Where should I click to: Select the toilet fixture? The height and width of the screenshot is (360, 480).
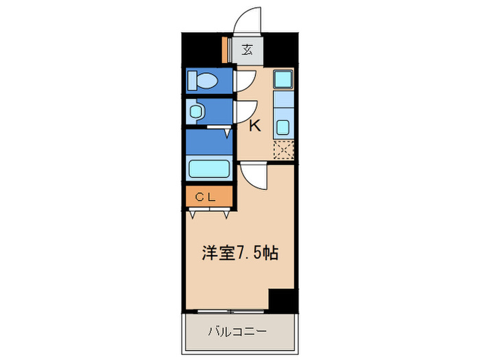[204, 81]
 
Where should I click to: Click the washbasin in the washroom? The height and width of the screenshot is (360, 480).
[197, 111]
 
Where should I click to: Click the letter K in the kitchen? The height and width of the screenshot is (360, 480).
[254, 126]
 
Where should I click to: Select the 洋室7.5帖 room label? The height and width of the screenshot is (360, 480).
[239, 253]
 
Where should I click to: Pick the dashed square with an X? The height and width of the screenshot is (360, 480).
[283, 149]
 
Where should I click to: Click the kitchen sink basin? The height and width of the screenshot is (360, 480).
[283, 127]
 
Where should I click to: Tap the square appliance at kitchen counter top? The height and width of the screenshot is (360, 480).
[283, 80]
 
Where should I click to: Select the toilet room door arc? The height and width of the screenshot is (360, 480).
[245, 81]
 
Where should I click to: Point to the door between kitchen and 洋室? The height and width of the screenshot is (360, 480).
[252, 177]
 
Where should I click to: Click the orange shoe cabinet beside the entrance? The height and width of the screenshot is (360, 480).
[225, 49]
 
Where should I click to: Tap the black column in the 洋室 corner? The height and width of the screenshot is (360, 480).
[281, 299]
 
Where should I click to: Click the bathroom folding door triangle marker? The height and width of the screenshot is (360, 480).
[227, 133]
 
